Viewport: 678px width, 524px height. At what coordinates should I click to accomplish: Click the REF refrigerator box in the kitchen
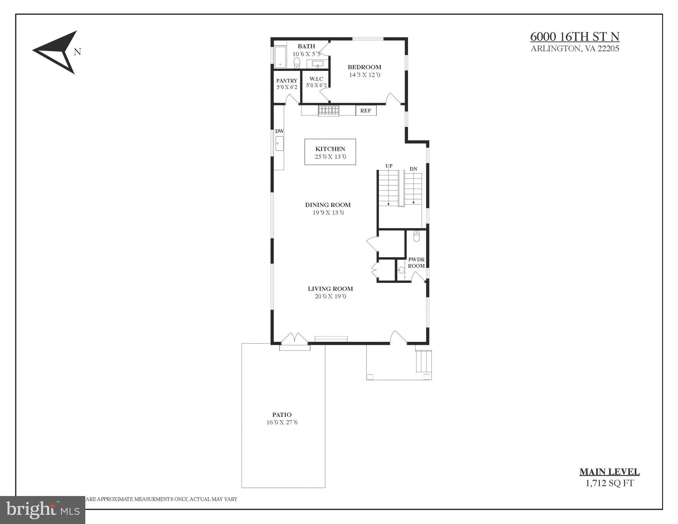pos(366,111)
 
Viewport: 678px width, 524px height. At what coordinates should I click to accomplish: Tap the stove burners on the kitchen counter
pos(329,110)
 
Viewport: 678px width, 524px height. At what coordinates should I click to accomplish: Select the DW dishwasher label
pos(279,131)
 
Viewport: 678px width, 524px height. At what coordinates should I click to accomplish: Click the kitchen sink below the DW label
pos(279,144)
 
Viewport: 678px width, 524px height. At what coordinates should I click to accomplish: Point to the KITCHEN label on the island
pos(330,149)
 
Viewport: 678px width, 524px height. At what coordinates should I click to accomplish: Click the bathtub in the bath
pos(280,57)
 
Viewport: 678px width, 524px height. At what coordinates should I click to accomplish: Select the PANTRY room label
pos(287,81)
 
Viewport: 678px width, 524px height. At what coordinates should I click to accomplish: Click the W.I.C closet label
pos(316,79)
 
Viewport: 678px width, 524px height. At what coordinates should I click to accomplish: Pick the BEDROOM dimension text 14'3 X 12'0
pos(364,75)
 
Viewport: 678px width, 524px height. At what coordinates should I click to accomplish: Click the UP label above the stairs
pos(389,166)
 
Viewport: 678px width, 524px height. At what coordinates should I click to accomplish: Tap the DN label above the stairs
pos(413,169)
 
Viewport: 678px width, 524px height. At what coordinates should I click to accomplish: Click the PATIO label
pos(282,415)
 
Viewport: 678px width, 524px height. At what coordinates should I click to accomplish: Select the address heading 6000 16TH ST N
pos(575,37)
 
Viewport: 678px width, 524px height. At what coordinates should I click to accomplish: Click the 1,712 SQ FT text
pos(609,483)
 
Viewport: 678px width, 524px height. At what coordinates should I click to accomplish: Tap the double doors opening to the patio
pos(294,338)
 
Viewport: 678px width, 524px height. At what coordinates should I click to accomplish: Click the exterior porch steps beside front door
pos(423,361)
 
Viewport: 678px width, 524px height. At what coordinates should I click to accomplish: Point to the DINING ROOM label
pos(328,205)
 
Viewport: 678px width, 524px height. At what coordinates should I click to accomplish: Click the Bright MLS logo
pos(43,510)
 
